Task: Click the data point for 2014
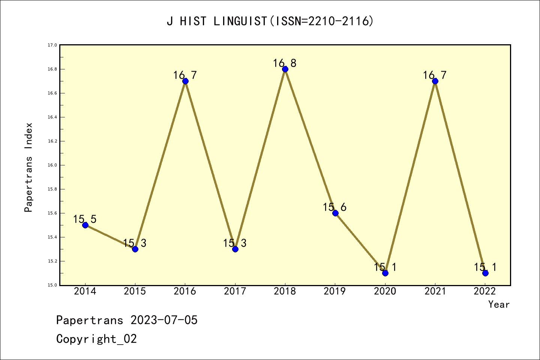[x=85, y=225]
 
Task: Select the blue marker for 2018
[x=285, y=69]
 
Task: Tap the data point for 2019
[x=335, y=213]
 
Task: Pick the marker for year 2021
[x=435, y=81]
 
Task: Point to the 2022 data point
[x=485, y=273]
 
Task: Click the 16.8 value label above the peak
[x=285, y=63]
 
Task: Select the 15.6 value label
[x=334, y=207]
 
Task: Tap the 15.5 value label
[x=85, y=219]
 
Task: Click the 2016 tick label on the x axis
[x=185, y=291]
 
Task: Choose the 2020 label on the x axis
[x=385, y=291]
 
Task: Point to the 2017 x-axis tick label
[x=235, y=291]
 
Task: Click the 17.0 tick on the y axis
[x=52, y=45]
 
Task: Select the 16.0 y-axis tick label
[x=52, y=165]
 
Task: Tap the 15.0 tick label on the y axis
[x=52, y=285]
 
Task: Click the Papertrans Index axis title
[x=28, y=167]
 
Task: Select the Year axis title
[x=499, y=304]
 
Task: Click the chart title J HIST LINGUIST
[x=270, y=21]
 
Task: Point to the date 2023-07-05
[x=164, y=320]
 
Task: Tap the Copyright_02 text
[x=97, y=339]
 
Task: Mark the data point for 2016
[x=185, y=81]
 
